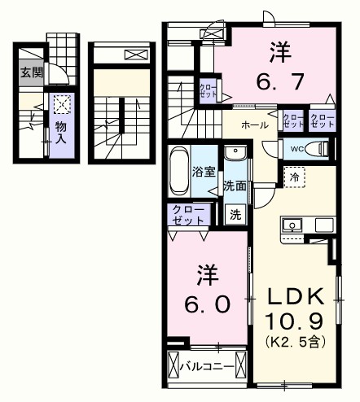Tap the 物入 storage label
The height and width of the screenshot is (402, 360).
point(61,133)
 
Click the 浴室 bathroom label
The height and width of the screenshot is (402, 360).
point(203,172)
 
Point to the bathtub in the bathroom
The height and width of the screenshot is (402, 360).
point(179,171)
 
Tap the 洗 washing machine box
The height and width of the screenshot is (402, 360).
point(235,216)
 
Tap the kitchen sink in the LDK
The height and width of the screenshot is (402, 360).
point(291,225)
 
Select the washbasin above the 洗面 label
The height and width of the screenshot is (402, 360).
point(235,154)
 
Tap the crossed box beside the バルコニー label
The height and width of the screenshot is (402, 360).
point(173,366)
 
